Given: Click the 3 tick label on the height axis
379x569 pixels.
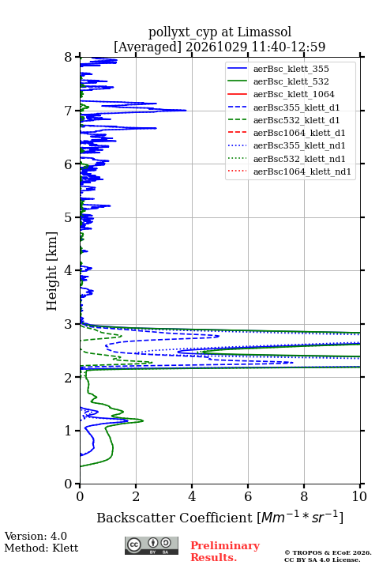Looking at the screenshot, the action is click(x=69, y=324).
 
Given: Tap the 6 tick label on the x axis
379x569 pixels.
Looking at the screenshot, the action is click(x=248, y=496).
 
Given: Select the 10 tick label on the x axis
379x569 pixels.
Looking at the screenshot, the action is click(x=359, y=496).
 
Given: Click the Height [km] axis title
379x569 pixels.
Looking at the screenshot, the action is click(x=52, y=271).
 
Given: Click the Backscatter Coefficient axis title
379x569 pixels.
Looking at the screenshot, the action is click(x=220, y=518).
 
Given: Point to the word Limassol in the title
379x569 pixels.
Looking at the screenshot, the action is click(x=264, y=32).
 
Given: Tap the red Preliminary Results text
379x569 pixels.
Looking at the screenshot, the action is click(x=225, y=552).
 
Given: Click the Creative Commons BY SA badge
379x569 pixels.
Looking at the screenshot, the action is click(x=152, y=546).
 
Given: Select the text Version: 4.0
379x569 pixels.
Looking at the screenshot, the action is click(x=36, y=536).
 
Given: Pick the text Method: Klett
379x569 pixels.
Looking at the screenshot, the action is click(x=41, y=548).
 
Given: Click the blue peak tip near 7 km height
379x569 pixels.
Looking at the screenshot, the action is click(x=186, y=111).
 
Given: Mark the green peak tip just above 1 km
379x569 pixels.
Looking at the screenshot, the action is click(x=143, y=421).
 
